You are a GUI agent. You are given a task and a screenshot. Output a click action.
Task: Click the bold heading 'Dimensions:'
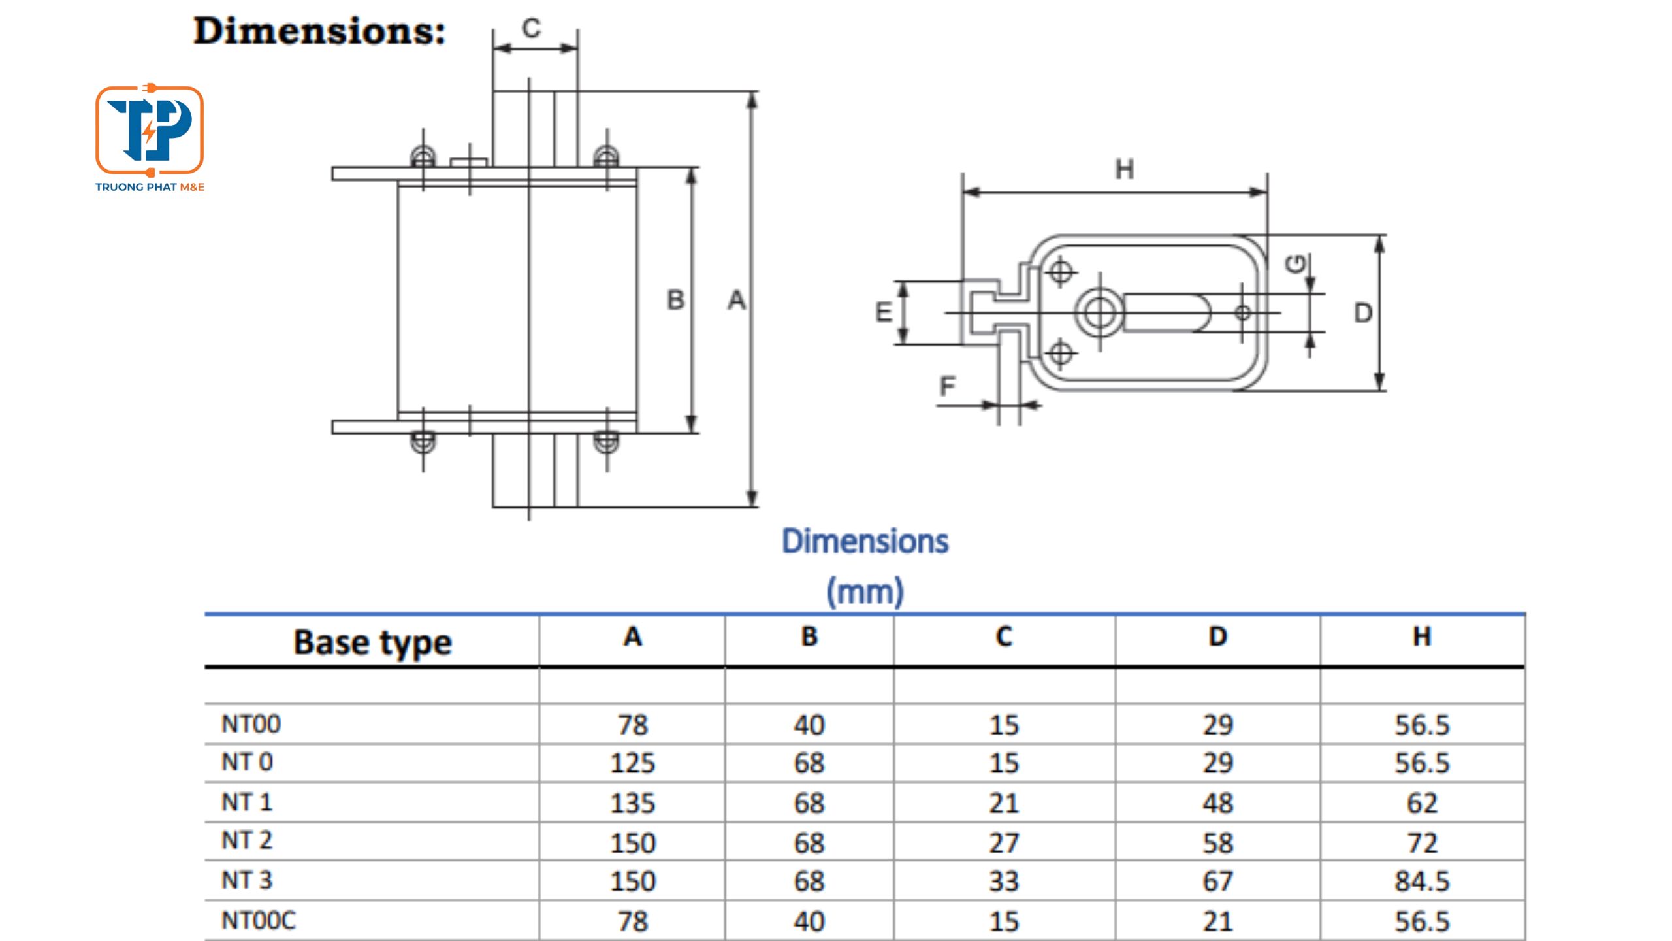319,31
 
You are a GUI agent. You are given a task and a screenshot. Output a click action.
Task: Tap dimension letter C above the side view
532,28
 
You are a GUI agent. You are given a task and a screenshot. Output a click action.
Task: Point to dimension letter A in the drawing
737,301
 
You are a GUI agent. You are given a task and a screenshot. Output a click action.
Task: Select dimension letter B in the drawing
676,301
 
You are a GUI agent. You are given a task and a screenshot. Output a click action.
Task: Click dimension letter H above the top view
1124,170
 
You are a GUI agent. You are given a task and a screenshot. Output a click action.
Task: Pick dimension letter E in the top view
884,312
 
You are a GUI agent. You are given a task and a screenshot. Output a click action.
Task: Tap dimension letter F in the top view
947,386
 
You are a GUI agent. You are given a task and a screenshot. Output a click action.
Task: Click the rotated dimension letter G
1295,263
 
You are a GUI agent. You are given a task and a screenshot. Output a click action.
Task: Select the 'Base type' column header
372,643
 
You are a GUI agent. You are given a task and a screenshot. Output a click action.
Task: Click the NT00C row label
259,921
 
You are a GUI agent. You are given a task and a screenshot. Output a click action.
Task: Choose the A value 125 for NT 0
632,763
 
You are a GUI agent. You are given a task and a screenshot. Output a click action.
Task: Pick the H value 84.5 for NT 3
1422,882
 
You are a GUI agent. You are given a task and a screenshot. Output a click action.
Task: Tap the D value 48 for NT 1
1217,803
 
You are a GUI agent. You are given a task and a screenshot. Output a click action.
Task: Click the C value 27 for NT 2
1004,843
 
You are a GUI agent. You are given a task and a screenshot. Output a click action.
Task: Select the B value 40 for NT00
809,725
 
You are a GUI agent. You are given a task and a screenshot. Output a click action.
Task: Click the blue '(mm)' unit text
865,591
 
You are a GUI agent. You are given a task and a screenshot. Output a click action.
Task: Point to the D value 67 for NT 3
1217,882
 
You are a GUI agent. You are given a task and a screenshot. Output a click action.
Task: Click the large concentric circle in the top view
1100,312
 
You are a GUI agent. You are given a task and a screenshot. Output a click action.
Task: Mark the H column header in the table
1422,636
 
